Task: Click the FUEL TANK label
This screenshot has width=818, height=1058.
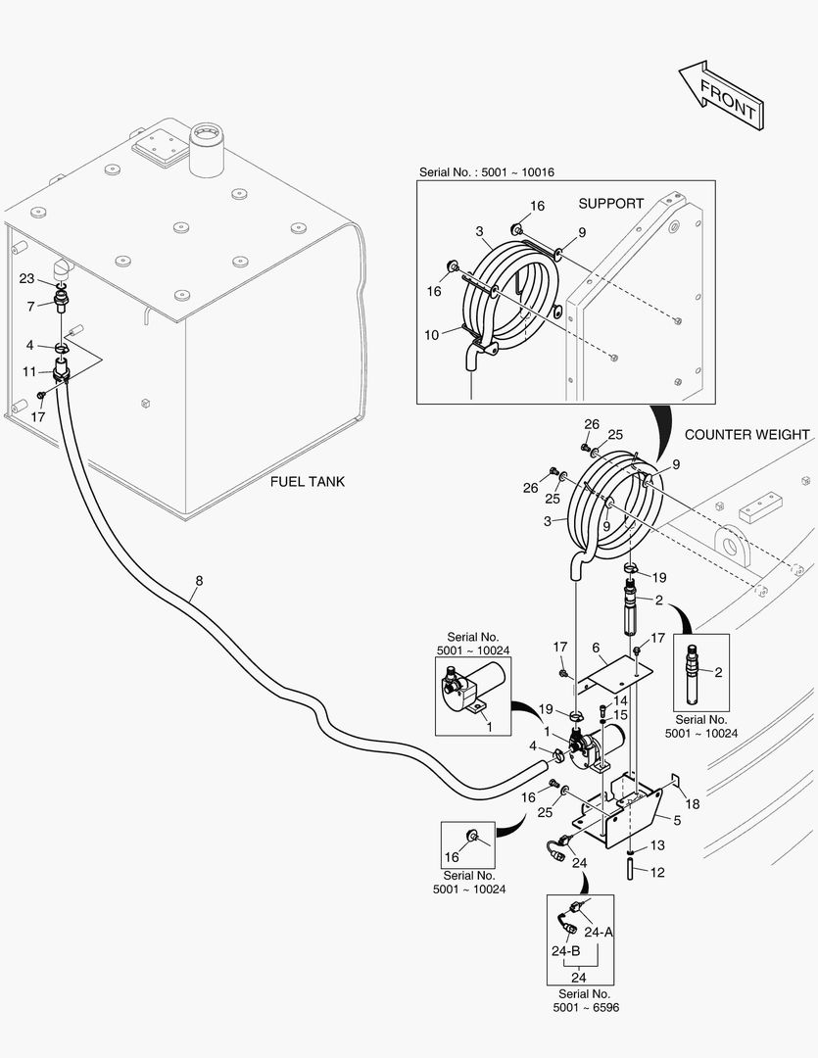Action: coord(307,482)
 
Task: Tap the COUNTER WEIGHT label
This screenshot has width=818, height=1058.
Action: coord(746,434)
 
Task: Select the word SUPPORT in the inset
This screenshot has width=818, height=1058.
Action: coord(610,204)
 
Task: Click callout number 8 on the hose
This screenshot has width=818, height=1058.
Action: coord(199,581)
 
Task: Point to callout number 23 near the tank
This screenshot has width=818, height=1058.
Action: coord(27,278)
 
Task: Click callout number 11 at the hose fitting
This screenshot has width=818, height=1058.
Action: coord(29,372)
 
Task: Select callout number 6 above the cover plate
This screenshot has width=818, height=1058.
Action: coord(595,648)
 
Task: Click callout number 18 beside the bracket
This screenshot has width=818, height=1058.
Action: coord(693,803)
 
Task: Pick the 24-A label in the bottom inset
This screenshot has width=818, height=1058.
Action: coord(599,932)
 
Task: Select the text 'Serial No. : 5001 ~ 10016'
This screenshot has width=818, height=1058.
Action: coord(487,172)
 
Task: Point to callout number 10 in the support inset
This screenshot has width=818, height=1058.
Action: coord(431,335)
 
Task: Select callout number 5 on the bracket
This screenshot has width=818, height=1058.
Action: coord(676,819)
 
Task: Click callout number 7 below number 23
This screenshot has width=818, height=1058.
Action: coord(30,307)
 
